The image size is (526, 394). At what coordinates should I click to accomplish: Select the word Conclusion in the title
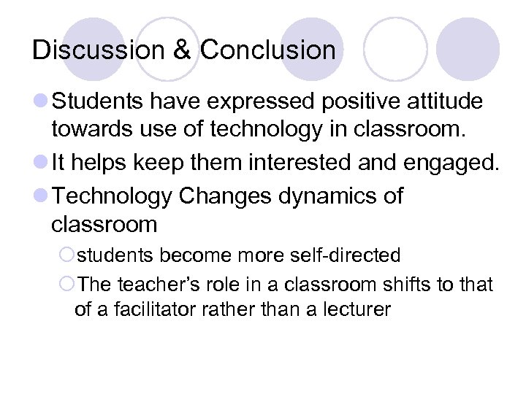pyautogui.click(x=267, y=50)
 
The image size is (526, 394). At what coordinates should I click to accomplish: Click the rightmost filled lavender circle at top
pyautogui.click(x=468, y=49)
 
